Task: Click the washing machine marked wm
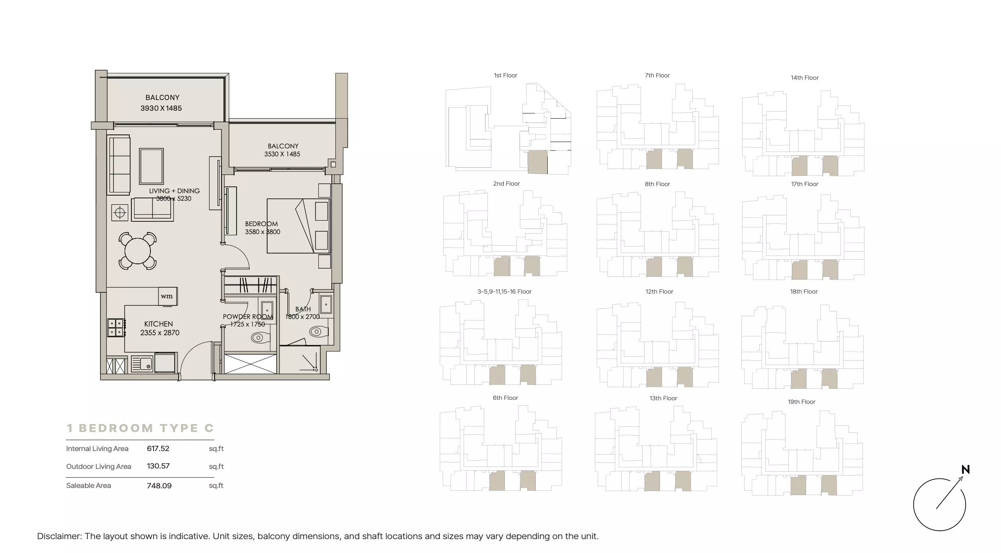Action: coord(167,296)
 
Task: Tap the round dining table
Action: coord(138,251)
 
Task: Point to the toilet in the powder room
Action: coord(260,338)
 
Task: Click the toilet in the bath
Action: coord(319,331)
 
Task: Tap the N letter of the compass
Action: coord(966,470)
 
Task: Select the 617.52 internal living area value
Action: coord(158,449)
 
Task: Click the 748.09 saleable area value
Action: coord(159,486)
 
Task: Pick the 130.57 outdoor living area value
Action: coord(158,466)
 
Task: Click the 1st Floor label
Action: coord(505,75)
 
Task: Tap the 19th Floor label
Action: coord(801,402)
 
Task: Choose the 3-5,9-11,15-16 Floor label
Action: coord(504,292)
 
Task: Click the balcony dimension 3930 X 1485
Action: coord(161,108)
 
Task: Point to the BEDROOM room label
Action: coord(261,224)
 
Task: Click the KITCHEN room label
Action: coord(158,324)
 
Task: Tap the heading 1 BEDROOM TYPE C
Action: coord(141,428)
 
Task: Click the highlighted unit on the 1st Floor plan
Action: coord(537,162)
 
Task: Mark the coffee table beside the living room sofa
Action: coord(151,167)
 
